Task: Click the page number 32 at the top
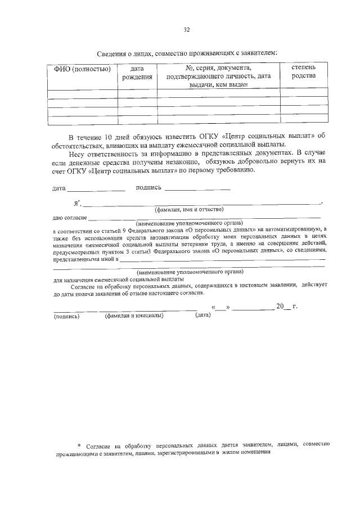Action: pyautogui.click(x=187, y=30)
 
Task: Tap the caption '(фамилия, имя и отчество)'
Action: pyautogui.click(x=189, y=209)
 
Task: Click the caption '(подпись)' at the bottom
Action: pyautogui.click(x=66, y=316)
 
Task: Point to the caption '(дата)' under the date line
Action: pyautogui.click(x=202, y=315)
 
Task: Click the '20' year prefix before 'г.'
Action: pyautogui.click(x=280, y=307)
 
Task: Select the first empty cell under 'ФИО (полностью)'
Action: pyautogui.click(x=82, y=93)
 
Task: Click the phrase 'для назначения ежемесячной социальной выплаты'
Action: pyautogui.click(x=118, y=279)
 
